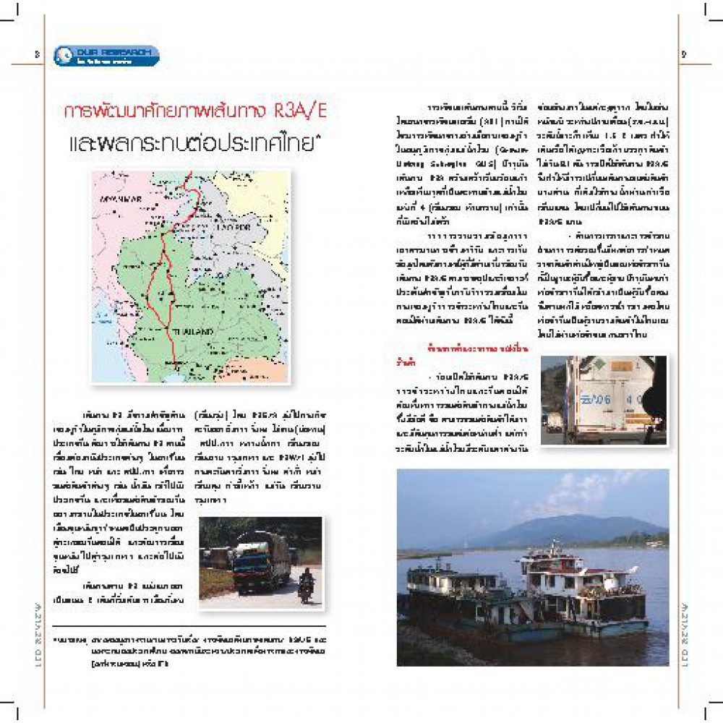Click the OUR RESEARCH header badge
107,55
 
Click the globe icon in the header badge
64,55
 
